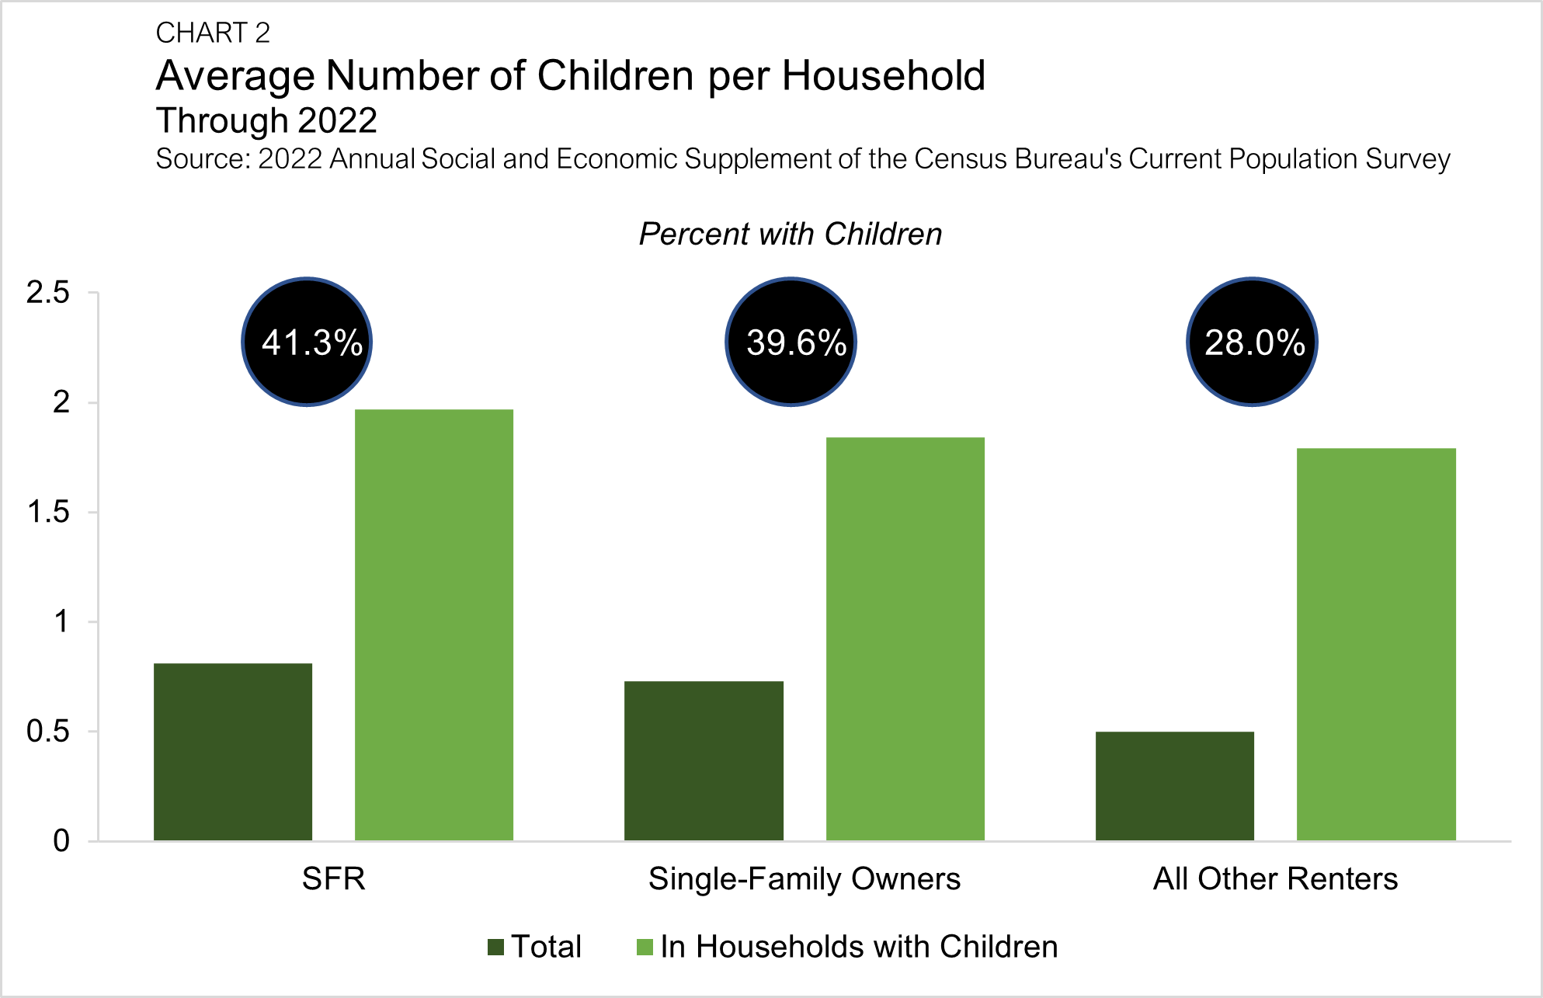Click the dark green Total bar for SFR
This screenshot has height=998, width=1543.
coord(233,751)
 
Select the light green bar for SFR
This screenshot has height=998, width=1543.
coord(434,624)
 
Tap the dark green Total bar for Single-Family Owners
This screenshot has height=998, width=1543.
coord(704,760)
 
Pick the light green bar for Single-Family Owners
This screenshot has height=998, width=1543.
coord(905,638)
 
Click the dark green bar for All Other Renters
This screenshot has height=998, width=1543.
coord(1175,785)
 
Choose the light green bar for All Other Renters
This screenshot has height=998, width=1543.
coord(1376,644)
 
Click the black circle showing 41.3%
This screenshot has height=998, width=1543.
coord(308,342)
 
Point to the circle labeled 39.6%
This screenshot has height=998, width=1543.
coord(791,342)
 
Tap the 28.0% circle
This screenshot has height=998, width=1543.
coord(1252,342)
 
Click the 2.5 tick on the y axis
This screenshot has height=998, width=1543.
coord(48,293)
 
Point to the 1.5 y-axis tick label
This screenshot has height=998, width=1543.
coord(48,513)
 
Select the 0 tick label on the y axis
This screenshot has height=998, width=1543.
coord(61,841)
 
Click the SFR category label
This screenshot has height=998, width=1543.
coord(333,879)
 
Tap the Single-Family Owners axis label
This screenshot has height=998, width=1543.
coord(805,879)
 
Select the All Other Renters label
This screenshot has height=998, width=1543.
coord(1275,879)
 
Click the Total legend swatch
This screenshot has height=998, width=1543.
coord(495,947)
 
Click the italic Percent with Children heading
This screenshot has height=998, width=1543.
coord(791,234)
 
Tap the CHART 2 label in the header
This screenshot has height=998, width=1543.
coord(213,33)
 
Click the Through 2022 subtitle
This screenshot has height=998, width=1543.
coord(266,120)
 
